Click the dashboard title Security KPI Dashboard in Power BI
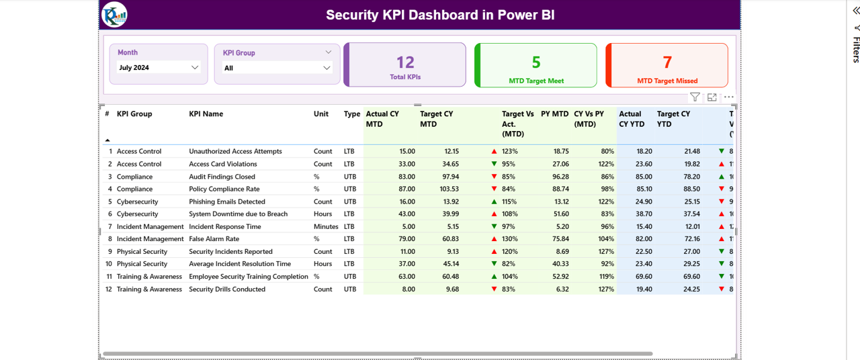click(440, 15)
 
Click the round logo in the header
click(114, 15)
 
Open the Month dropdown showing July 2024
click(159, 67)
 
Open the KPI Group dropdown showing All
click(277, 68)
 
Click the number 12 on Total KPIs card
click(405, 62)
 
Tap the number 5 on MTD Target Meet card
click(536, 62)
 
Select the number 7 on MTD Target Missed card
click(667, 62)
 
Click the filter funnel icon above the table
click(695, 97)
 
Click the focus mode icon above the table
click(712, 97)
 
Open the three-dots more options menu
click(728, 97)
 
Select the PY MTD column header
click(554, 114)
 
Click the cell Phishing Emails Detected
click(227, 201)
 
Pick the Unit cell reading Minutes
click(326, 227)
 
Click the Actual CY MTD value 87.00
click(406, 189)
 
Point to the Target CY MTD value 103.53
click(446, 189)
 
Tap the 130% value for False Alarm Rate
click(509, 239)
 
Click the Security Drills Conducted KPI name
click(227, 289)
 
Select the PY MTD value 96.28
click(560, 177)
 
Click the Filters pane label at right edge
click(856, 50)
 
